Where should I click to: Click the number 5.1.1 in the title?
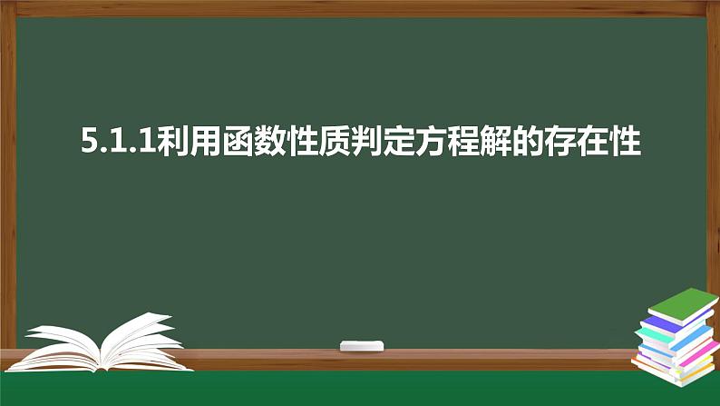tap(117, 143)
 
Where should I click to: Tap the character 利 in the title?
tap(172, 143)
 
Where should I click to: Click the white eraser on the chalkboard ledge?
tap(361, 345)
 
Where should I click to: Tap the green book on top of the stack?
tap(682, 302)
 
